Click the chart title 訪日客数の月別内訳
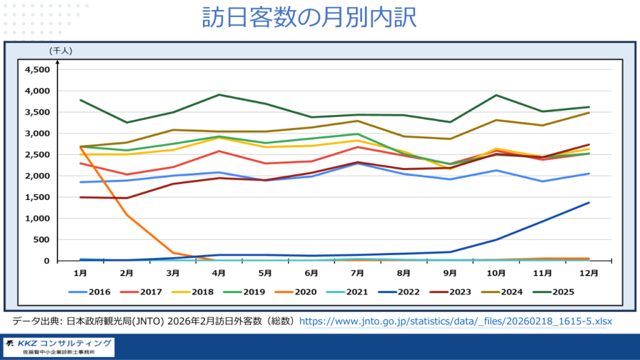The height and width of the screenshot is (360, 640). tap(309, 17)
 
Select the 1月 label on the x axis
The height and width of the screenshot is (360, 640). tap(80, 273)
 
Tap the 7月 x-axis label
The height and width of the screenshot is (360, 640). tap(357, 273)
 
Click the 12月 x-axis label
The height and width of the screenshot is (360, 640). tap(588, 273)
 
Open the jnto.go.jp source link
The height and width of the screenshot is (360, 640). tap(456, 321)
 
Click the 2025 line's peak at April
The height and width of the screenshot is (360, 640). tap(219, 95)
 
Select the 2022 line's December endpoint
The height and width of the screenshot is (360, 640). tap(589, 202)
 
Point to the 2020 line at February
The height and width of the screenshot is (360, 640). tap(127, 215)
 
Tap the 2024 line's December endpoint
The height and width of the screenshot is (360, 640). tap(589, 112)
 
